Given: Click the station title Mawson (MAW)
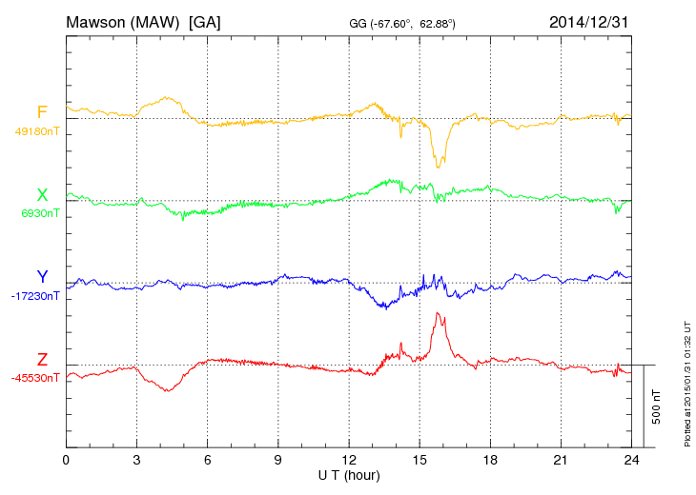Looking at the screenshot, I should pos(124,21).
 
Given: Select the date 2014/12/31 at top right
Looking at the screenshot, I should pos(589,21).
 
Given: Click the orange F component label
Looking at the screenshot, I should pos(42,113).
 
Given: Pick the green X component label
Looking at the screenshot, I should pos(42,195).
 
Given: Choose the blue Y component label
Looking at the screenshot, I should pos(42,277).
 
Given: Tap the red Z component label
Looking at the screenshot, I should pos(42,359).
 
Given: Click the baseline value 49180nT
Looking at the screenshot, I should pos(36,131).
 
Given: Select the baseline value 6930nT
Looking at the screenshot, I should pos(39,213).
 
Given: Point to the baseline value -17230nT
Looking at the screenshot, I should pos(35,295).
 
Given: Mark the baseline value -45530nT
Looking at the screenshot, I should pos(35,377).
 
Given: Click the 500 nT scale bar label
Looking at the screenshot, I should pos(657,406).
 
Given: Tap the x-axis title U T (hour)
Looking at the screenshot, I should pos(349,474).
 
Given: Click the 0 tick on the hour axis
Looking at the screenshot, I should pos(66,461).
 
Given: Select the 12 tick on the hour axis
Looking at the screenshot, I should pos(349,461).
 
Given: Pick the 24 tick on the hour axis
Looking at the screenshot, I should pos(631,461).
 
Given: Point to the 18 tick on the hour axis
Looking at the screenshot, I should pos(490,461).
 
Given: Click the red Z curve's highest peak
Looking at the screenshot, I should pos(438,313).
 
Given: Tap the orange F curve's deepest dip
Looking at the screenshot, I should pos(438,167).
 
